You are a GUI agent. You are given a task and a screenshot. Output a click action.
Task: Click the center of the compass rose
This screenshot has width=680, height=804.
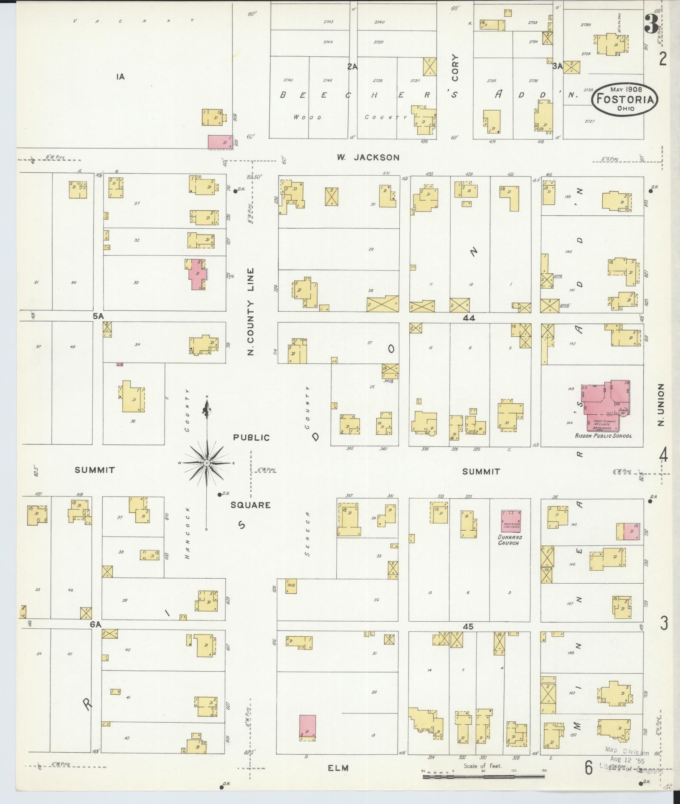click(207, 464)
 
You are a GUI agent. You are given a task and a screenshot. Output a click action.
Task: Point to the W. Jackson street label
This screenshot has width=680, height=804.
click(368, 157)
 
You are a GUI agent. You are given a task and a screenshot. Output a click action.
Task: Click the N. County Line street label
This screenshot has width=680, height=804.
click(251, 311)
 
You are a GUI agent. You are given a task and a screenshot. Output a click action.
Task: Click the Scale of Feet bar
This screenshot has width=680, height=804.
click(484, 776)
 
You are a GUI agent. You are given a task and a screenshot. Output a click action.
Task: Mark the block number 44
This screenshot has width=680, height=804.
click(469, 318)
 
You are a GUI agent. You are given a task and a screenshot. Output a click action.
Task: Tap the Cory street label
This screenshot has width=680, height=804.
click(455, 68)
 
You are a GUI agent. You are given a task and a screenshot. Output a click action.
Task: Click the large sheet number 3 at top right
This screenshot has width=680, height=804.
click(651, 24)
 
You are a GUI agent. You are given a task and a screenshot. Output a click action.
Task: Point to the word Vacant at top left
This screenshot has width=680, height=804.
click(133, 20)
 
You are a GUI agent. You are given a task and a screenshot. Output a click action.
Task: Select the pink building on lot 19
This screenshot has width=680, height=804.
click(307, 728)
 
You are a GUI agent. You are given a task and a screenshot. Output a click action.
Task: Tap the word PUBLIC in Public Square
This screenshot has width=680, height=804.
click(251, 438)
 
